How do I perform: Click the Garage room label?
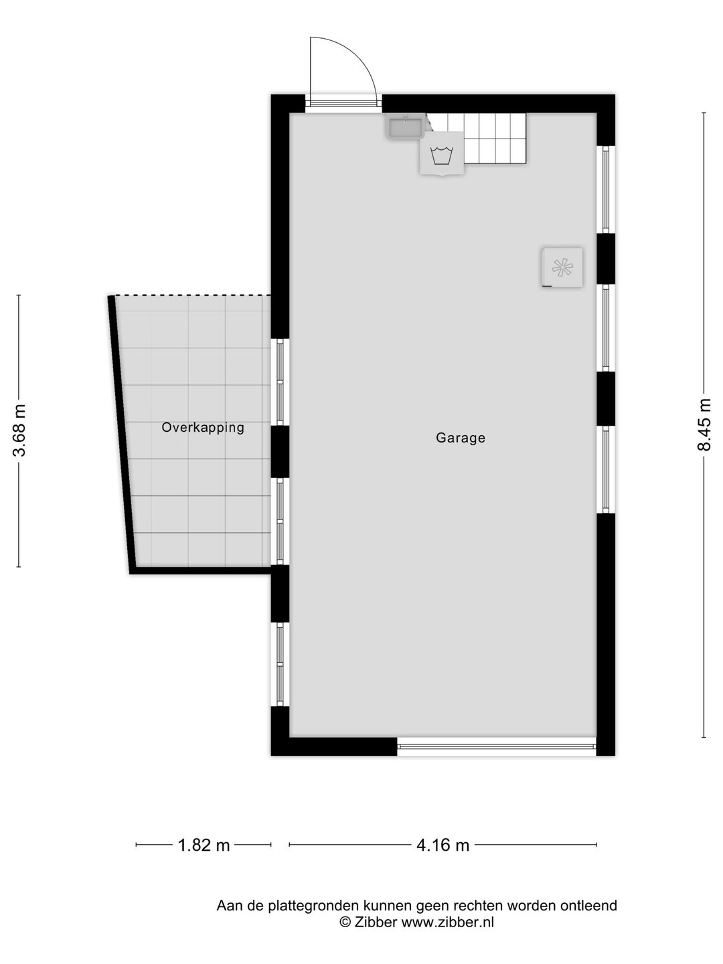pyautogui.click(x=460, y=438)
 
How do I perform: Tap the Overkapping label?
pyautogui.click(x=203, y=427)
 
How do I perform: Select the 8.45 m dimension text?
pyautogui.click(x=704, y=425)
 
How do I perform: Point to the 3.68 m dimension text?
pyautogui.click(x=19, y=430)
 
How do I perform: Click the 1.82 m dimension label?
pyautogui.click(x=204, y=846)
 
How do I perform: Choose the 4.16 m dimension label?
pyautogui.click(x=443, y=846)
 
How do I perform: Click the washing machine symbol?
pyautogui.click(x=442, y=157)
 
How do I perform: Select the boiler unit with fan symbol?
pyautogui.click(x=562, y=268)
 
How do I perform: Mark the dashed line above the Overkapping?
pyautogui.click(x=193, y=295)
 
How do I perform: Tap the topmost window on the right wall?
pyautogui.click(x=606, y=189)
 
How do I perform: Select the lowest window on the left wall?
pyautogui.click(x=280, y=663)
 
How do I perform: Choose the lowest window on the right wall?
pyautogui.click(x=606, y=469)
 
